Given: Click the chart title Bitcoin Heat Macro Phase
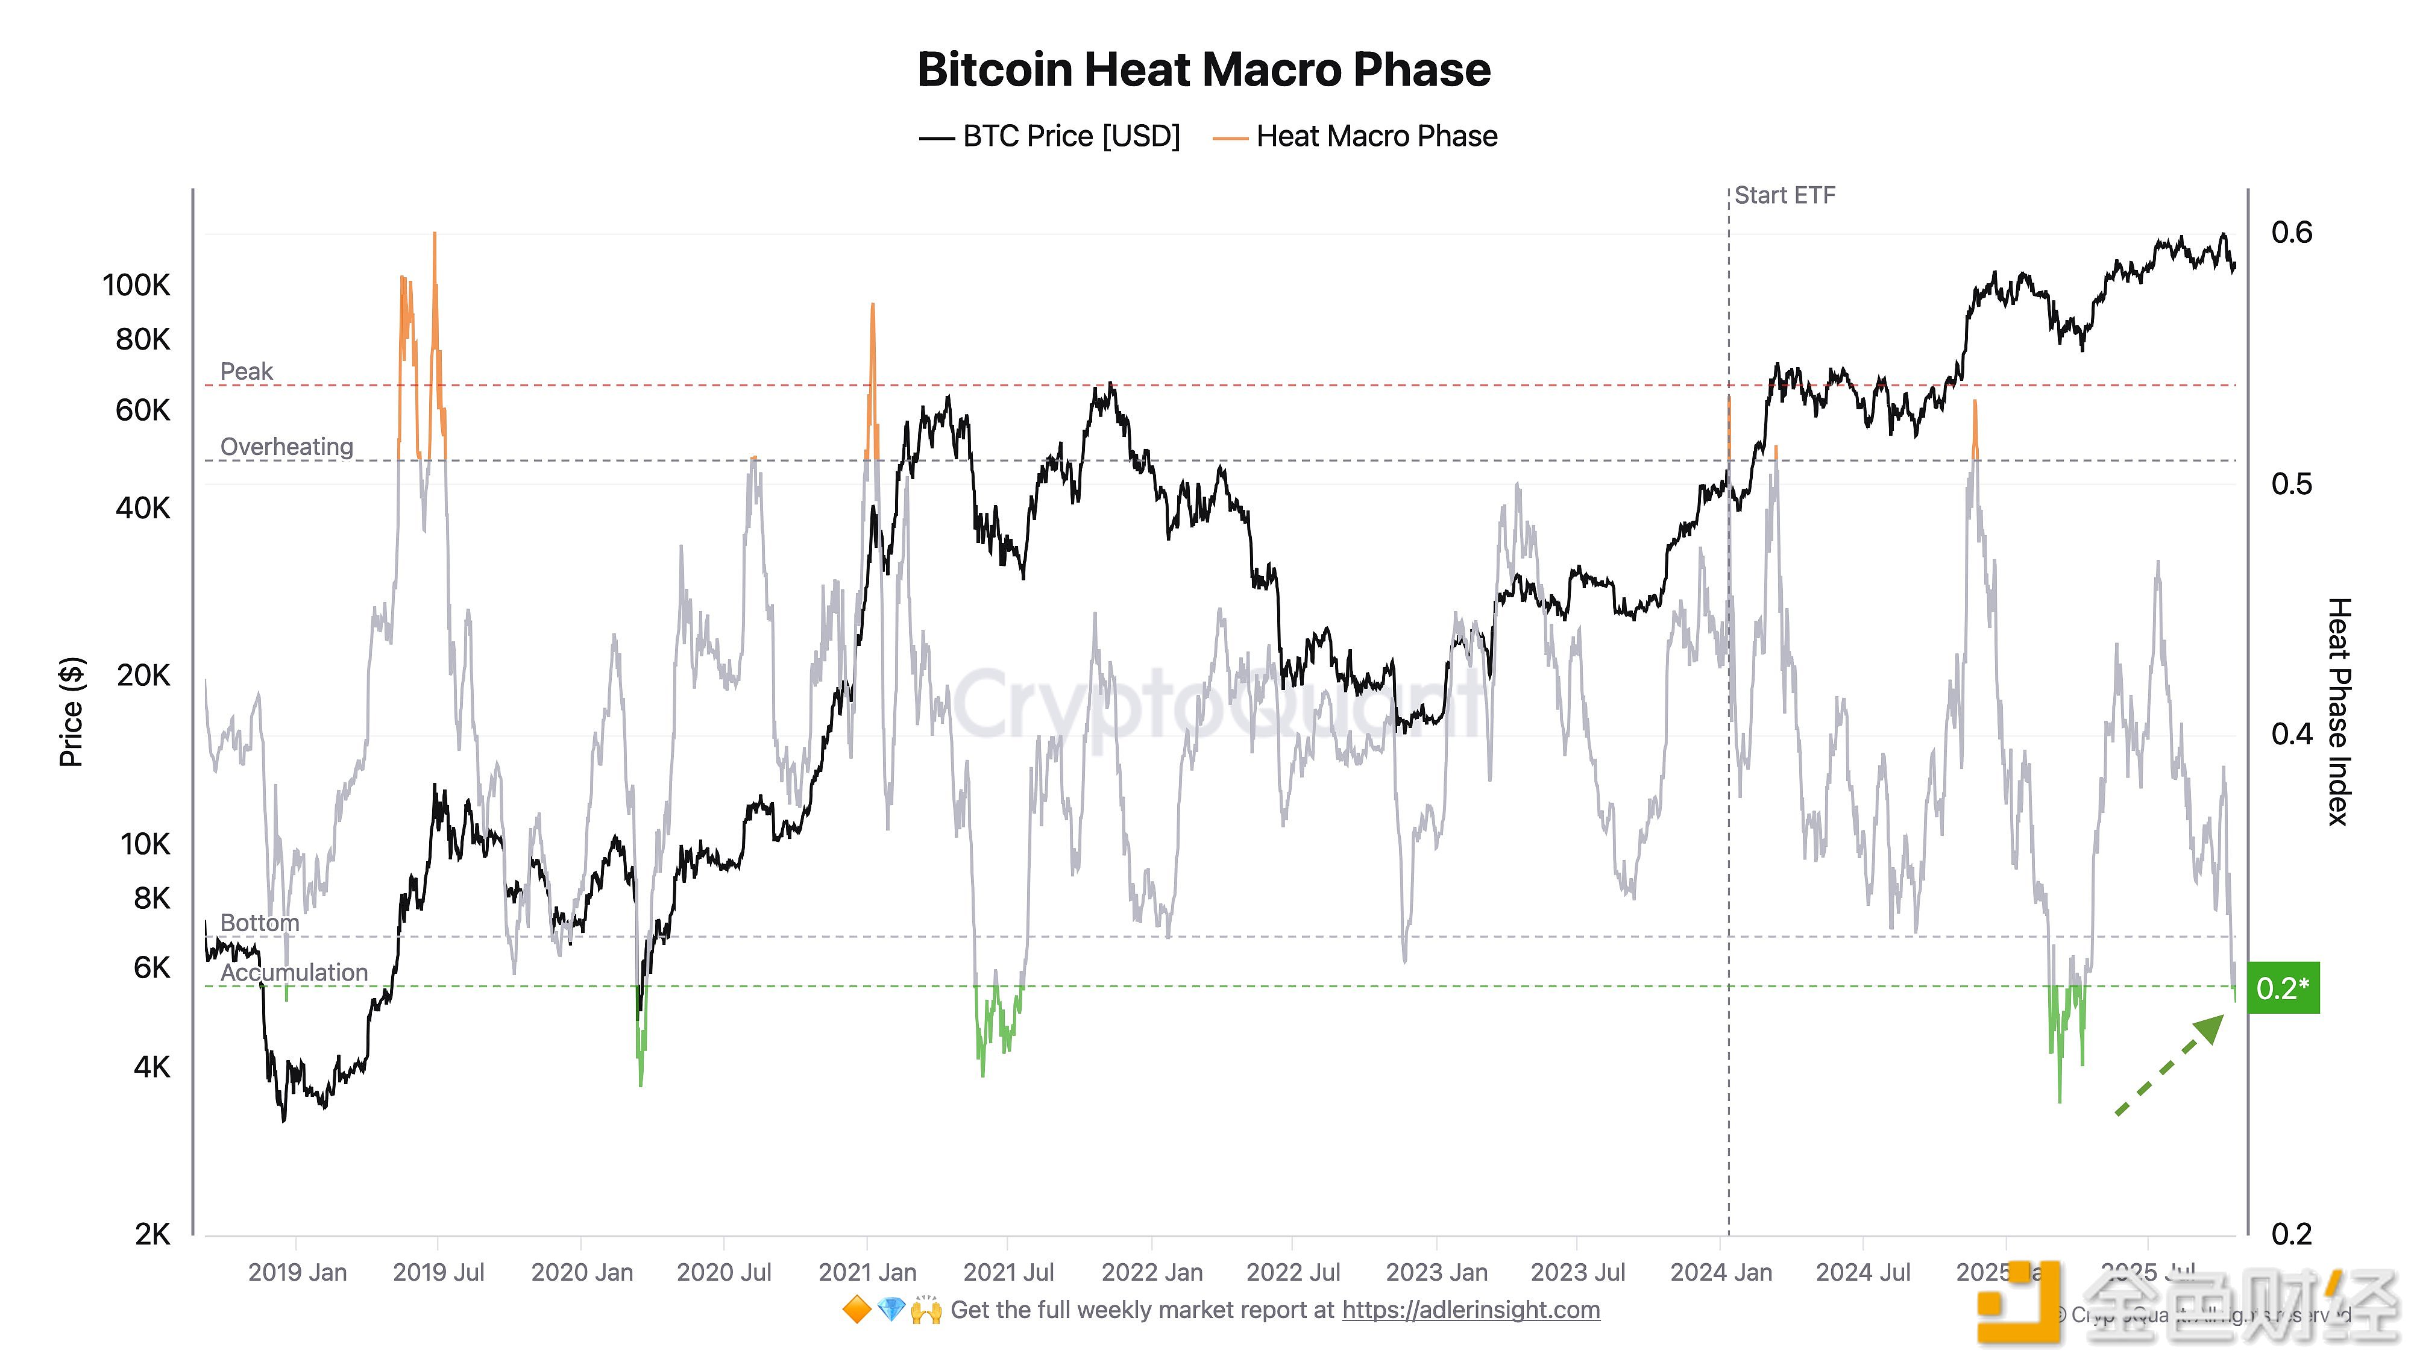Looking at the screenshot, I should click(x=1204, y=70).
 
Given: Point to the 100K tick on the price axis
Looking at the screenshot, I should click(x=137, y=286).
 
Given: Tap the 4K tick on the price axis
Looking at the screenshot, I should click(x=152, y=1067).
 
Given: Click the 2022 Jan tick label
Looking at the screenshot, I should click(x=1151, y=1273).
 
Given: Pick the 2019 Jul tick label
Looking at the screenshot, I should click(x=438, y=1273).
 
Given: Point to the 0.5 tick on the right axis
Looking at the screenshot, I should click(x=2291, y=484).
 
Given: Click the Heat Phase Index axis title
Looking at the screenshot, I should click(x=2339, y=711).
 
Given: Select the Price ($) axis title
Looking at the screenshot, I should click(x=71, y=711).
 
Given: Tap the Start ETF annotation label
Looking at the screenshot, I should click(x=1784, y=196).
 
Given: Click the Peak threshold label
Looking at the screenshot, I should click(x=246, y=371).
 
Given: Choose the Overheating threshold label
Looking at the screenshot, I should click(x=286, y=447).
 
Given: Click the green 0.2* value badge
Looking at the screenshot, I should click(x=2283, y=988).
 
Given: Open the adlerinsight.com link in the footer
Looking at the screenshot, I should click(x=1470, y=1310).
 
